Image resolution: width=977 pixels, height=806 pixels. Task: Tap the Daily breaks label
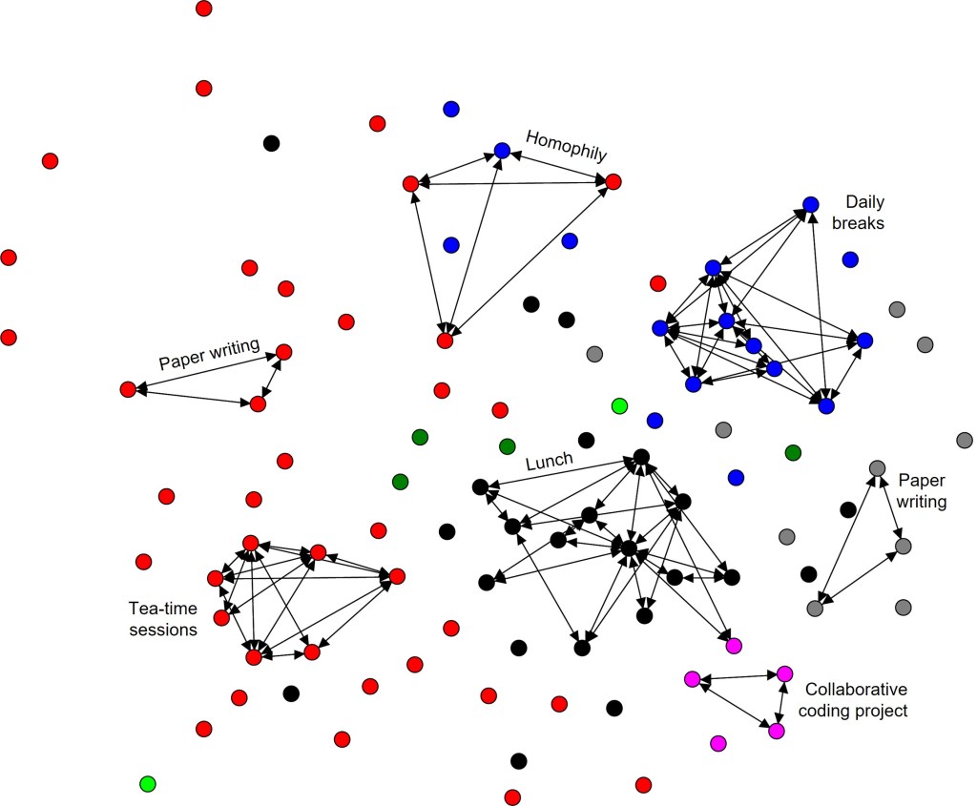point(864,213)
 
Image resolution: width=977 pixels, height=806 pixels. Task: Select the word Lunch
point(550,461)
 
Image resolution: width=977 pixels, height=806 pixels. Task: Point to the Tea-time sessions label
point(162,618)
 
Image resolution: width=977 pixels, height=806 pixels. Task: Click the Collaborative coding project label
point(856,699)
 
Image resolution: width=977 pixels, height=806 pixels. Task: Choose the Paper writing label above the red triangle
point(209,355)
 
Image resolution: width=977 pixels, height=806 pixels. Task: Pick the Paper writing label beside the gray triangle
point(922,489)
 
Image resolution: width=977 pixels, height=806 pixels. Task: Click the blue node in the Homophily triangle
point(503,151)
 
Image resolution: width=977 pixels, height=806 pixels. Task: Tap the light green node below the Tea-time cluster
point(147,784)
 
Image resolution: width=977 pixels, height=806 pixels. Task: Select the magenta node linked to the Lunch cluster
point(734,646)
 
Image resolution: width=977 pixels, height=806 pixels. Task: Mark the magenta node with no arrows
point(718,743)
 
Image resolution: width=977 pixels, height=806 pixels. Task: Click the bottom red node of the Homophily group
point(445,340)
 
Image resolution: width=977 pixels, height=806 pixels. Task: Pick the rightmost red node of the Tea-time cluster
point(397,576)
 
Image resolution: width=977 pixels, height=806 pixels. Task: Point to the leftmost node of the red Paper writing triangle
point(128,389)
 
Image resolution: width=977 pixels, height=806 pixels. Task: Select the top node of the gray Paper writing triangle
point(878,468)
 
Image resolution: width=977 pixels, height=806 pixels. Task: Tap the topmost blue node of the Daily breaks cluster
point(811,204)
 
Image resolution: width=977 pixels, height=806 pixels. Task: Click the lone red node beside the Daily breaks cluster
point(657,283)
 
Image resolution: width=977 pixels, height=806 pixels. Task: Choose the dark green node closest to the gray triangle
point(792,452)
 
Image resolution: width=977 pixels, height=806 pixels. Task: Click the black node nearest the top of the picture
point(271,143)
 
